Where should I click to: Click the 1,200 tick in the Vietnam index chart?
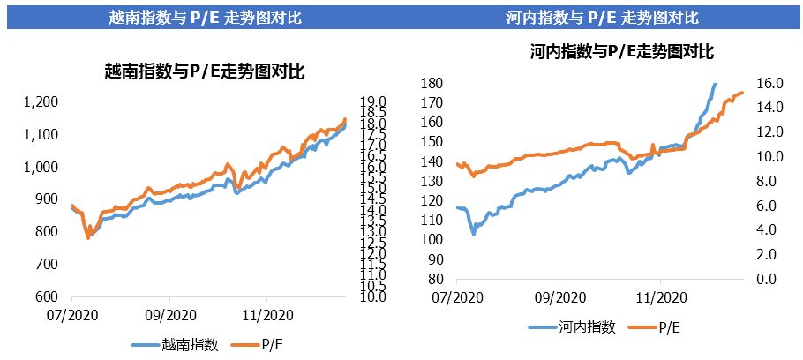point(41,102)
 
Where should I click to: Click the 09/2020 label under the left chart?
point(169,315)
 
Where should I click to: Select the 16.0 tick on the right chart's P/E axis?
point(771,83)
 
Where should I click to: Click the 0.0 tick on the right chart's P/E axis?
point(768,279)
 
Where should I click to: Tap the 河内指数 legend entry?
point(586,327)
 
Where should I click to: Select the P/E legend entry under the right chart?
point(670,327)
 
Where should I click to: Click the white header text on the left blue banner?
point(205,17)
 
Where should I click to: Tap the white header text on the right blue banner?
point(602,17)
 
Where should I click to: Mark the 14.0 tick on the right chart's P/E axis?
point(771,108)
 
